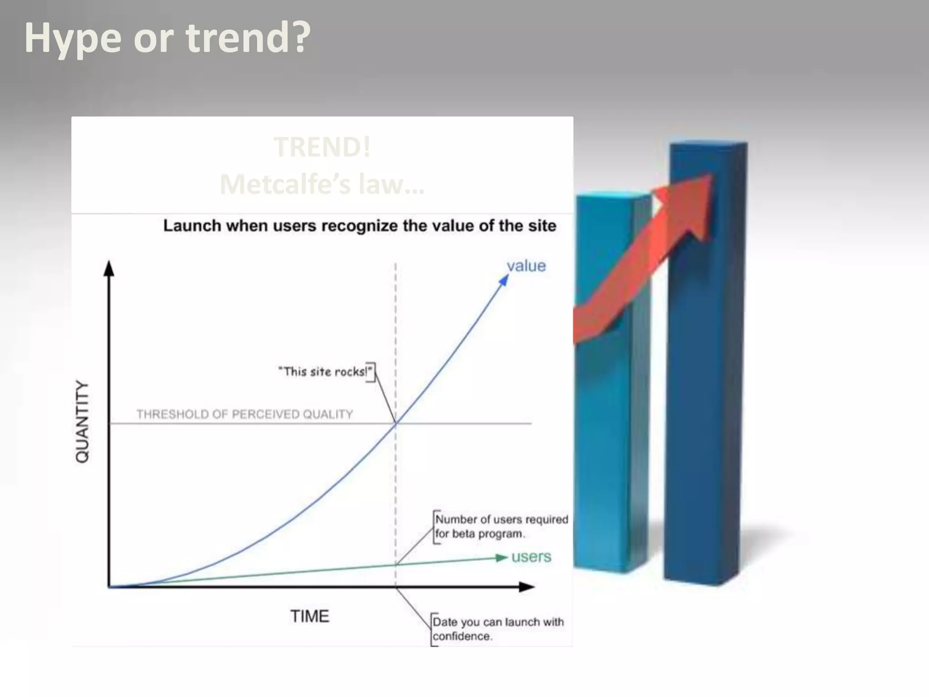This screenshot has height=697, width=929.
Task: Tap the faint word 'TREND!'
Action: [x=322, y=147]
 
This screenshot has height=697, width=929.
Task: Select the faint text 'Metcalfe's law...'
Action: [x=322, y=184]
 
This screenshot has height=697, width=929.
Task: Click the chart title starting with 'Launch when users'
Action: [x=359, y=226]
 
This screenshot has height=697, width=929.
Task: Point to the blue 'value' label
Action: [x=526, y=266]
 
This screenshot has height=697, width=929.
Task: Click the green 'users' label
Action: [x=531, y=556]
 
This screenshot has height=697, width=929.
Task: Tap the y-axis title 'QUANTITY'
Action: [x=82, y=422]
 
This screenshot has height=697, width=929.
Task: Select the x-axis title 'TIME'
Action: [x=310, y=616]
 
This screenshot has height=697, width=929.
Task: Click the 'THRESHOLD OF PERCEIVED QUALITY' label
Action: [x=244, y=414]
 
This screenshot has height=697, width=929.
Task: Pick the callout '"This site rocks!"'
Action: [x=325, y=372]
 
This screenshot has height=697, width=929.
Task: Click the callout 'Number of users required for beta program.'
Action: [x=501, y=526]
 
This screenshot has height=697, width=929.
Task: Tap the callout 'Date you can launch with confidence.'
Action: [x=498, y=629]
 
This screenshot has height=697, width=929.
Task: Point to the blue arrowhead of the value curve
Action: [x=504, y=280]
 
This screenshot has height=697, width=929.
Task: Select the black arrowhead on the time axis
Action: [x=527, y=587]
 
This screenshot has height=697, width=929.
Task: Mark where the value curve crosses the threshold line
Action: [x=396, y=423]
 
